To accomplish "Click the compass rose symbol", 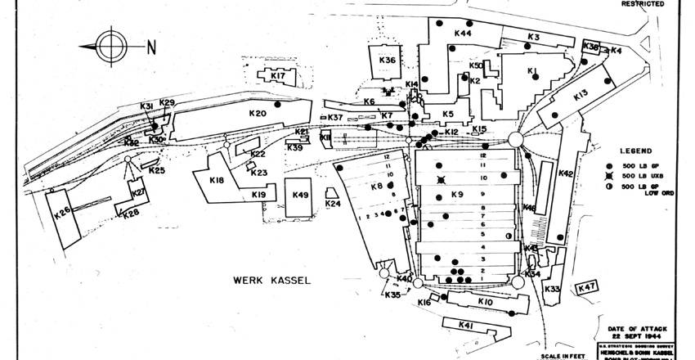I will click(x=112, y=46).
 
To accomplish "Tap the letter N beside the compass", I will click(x=150, y=47).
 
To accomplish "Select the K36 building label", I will click(x=388, y=61).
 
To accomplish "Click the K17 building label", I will click(x=277, y=76).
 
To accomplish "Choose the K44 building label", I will click(x=462, y=34).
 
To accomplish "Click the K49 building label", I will click(x=300, y=195).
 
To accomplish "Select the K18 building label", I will click(x=217, y=180).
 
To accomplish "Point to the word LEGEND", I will click(x=634, y=152).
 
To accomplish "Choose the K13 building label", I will click(x=580, y=96).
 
